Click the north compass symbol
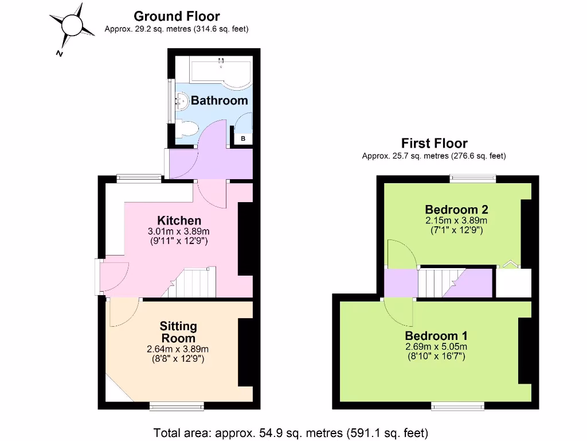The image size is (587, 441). coord(72,26)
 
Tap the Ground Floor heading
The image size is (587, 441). coord(176,17)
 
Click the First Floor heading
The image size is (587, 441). coord(434,144)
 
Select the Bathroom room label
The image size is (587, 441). coord(219,100)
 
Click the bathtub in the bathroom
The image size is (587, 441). coord(221,72)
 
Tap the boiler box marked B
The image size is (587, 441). coord(242,138)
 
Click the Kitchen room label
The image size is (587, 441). coord(179,220)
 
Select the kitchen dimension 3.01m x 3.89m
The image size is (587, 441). coord(179,231)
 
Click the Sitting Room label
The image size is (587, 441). coord(178,332)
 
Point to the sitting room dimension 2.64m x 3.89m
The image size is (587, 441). coord(178,349)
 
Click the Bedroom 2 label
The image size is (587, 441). coord(457,209)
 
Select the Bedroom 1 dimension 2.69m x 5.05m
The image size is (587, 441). coord(436,347)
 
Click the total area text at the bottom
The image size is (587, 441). coord(291,432)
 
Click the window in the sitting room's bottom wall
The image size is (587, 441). coord(177,407)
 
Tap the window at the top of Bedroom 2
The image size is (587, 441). coord(473,179)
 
